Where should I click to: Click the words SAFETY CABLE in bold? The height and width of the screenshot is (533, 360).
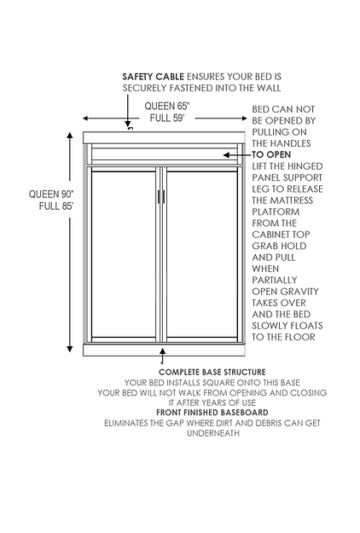coord(153,77)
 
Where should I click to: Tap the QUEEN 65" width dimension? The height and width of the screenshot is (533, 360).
coord(167,106)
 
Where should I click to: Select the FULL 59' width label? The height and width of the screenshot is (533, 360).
coord(167,118)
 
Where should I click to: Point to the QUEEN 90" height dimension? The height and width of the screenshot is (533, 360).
coord(51,194)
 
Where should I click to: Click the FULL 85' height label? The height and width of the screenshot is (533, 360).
coord(56,206)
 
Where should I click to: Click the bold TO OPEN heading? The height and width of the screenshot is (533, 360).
coord(271,154)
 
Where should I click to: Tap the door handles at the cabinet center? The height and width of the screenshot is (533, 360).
coord(161,196)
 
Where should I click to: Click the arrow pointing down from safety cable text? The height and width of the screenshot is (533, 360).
coord(128,111)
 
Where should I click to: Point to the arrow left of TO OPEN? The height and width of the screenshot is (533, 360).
coord(237,155)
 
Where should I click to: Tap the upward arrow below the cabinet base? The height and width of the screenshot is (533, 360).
coord(163,356)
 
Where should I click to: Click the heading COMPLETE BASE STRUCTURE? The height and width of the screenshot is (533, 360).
coord(212,372)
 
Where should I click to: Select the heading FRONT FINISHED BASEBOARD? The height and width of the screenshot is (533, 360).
coord(212,412)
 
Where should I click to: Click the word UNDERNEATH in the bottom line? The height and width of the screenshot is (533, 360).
coord(212,433)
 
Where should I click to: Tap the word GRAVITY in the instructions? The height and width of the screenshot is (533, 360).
coord(302,292)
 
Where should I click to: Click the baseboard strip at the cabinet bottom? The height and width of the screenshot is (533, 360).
coord(164,351)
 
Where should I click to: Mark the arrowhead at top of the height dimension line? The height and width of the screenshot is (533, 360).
coord(70,136)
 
